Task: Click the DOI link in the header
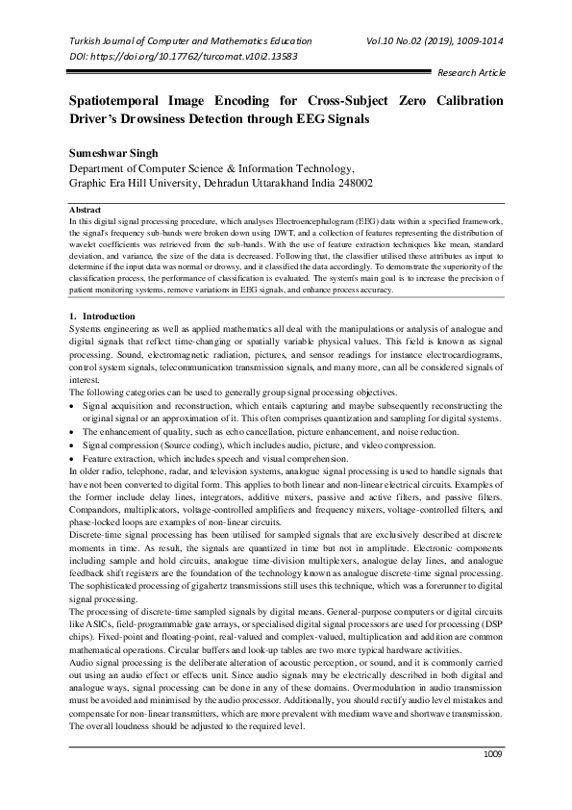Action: click(x=183, y=56)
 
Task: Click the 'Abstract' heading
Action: click(x=87, y=209)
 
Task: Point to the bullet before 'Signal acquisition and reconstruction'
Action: click(x=74, y=408)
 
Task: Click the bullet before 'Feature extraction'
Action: click(x=74, y=459)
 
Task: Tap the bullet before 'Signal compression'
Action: click(x=74, y=446)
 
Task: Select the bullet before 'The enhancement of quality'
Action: click(x=74, y=434)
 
